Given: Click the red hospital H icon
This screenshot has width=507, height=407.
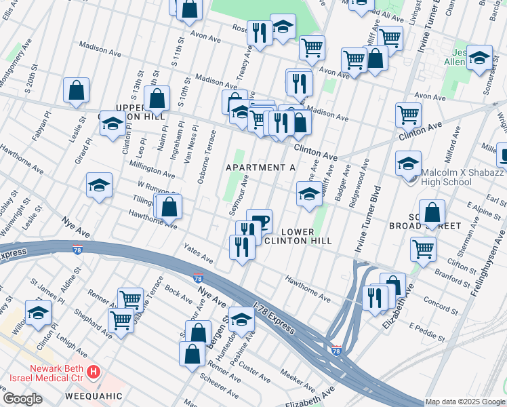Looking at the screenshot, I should (x=94, y=372).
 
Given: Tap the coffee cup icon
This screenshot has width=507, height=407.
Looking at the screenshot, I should (x=259, y=220).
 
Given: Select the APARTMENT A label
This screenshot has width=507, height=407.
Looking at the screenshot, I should (x=261, y=168).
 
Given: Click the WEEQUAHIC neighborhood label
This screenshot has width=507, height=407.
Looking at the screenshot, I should (x=94, y=395).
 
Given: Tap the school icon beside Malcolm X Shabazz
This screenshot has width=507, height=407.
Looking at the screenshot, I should (x=409, y=164).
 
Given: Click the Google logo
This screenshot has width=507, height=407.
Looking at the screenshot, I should (x=22, y=399).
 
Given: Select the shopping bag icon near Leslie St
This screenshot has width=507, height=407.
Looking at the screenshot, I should (x=77, y=91).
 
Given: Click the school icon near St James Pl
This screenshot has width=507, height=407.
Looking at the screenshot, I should (x=38, y=312).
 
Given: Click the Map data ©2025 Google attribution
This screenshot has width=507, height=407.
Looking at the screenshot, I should (x=465, y=402).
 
